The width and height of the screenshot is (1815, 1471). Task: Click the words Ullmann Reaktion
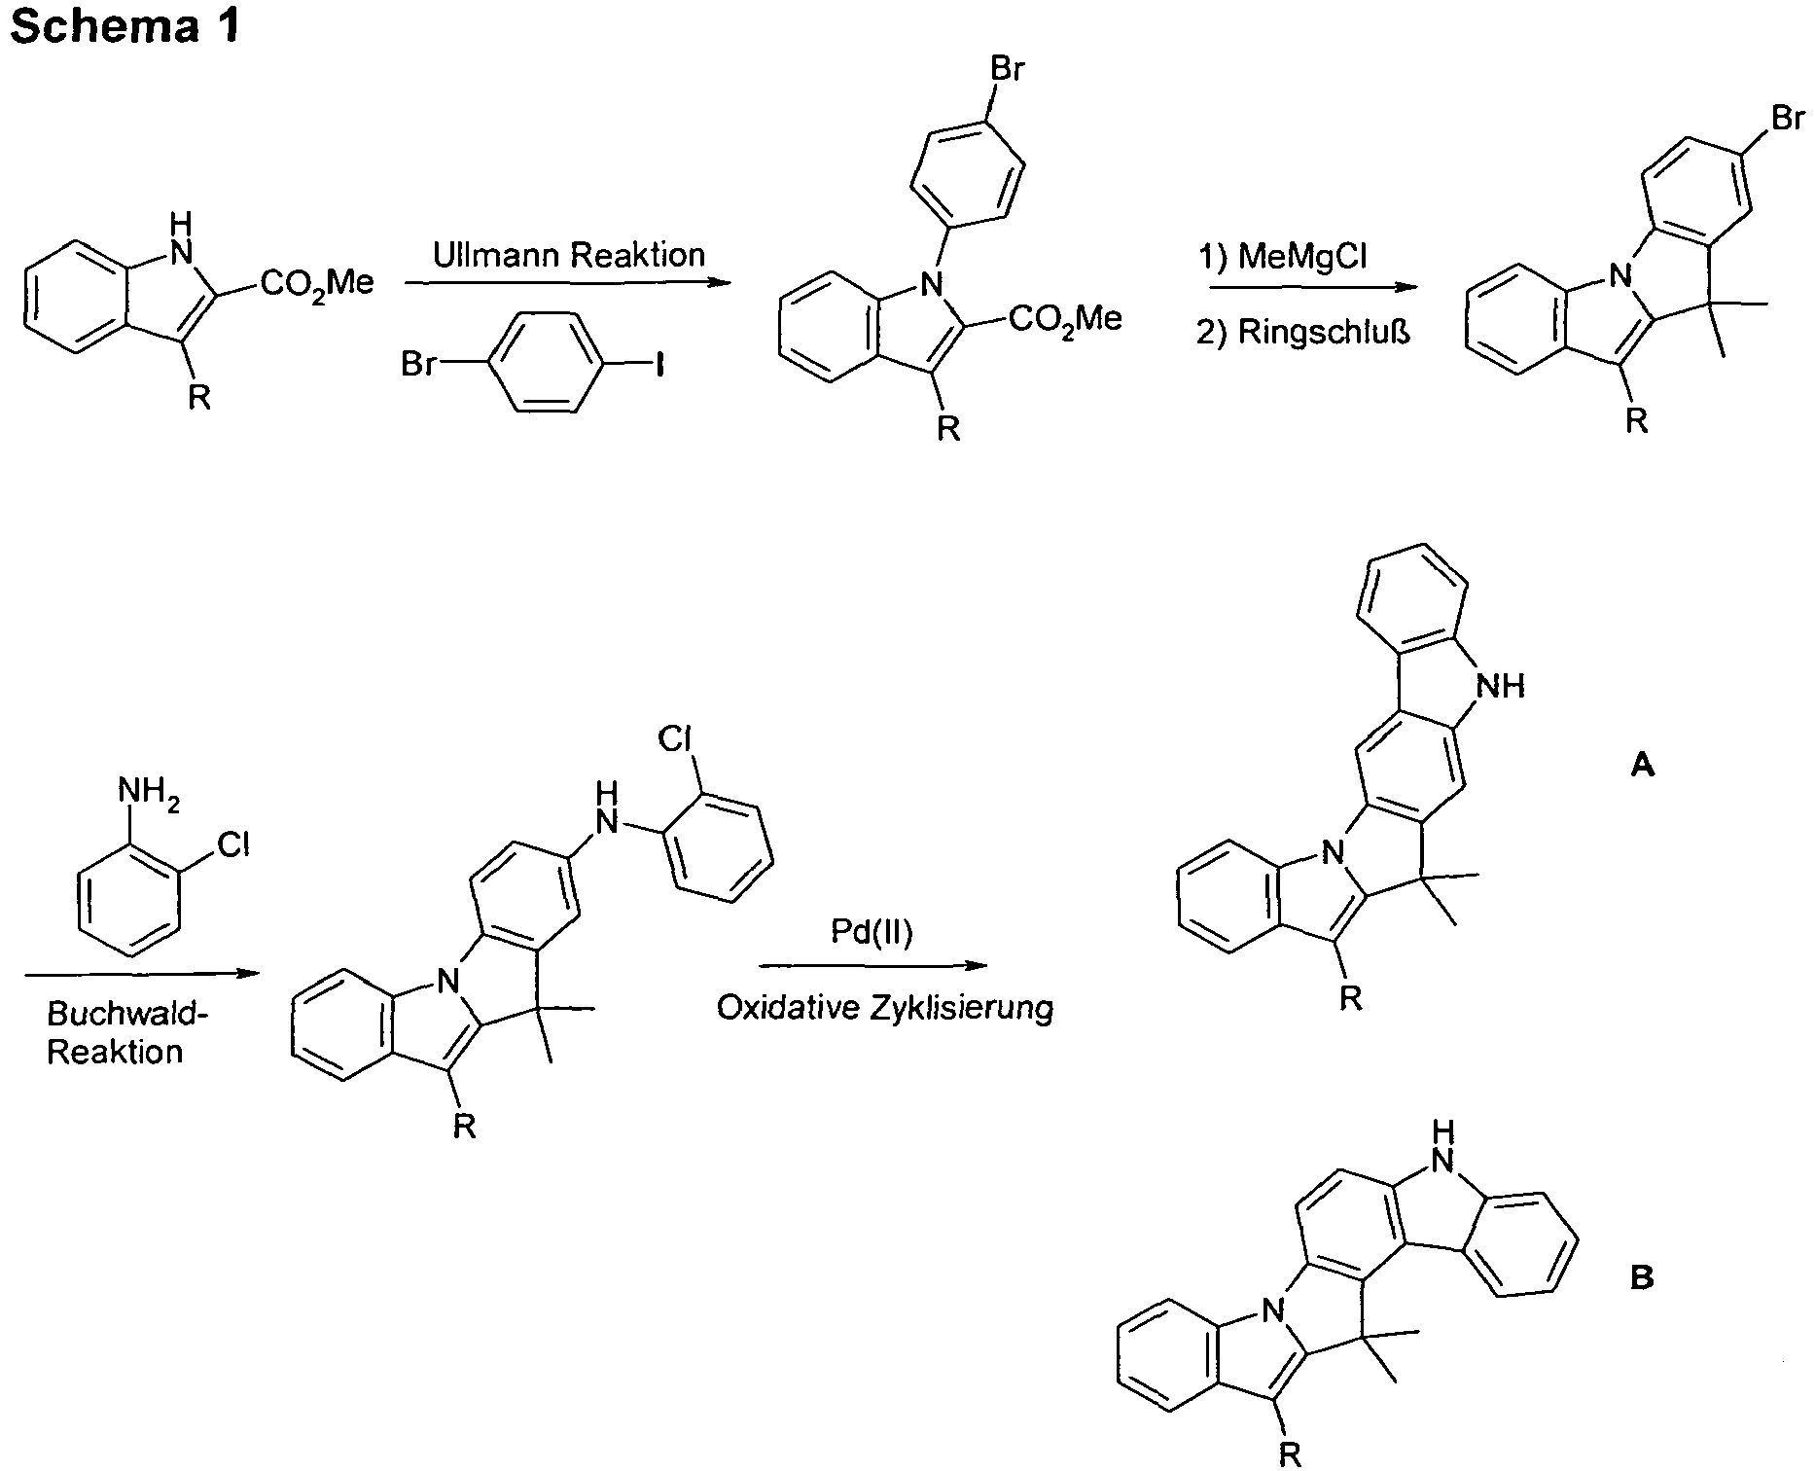click(x=569, y=255)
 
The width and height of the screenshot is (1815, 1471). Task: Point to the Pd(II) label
click(x=872, y=932)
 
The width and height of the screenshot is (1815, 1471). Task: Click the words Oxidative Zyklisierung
click(x=885, y=1008)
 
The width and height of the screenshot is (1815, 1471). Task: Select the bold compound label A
click(x=1642, y=767)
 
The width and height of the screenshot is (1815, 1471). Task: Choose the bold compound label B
click(x=1642, y=1276)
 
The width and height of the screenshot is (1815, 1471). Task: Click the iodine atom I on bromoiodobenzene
click(x=659, y=367)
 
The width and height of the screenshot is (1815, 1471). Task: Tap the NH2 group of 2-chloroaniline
click(x=149, y=791)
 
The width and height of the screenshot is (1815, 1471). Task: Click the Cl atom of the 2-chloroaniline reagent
click(x=233, y=844)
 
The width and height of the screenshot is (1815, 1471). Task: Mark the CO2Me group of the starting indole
click(x=317, y=284)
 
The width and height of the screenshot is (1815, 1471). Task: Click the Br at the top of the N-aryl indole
click(x=1008, y=70)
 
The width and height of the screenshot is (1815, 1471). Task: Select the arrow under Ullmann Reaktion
click(x=567, y=283)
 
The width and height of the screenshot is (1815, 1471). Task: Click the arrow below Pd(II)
click(x=872, y=966)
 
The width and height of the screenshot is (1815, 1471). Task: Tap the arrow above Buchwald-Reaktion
click(x=142, y=974)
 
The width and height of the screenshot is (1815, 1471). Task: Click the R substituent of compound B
click(x=1290, y=1453)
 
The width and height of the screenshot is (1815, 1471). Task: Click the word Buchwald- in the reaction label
click(x=128, y=1015)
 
